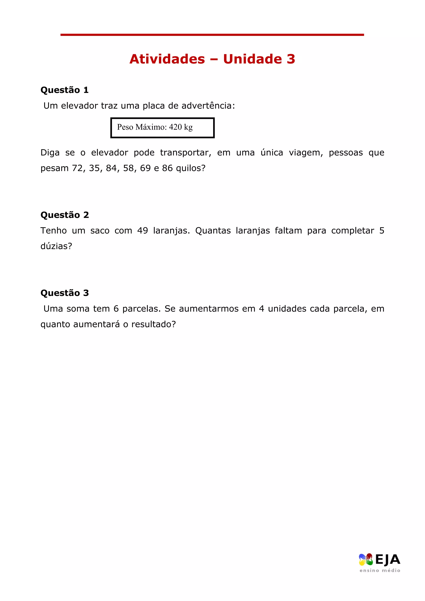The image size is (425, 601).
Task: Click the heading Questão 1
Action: (64, 90)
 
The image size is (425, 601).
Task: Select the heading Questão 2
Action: (65, 215)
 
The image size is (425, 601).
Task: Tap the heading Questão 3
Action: (65, 293)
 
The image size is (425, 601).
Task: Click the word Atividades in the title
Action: (167, 59)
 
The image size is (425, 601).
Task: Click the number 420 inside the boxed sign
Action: (175, 127)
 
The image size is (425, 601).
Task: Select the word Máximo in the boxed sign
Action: (151, 127)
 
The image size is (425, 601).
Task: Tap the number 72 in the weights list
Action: (78, 168)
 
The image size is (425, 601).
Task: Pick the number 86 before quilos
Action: (167, 168)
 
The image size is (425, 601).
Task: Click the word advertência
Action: (208, 106)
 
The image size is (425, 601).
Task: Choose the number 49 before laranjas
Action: (143, 231)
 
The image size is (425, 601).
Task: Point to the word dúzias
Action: (56, 246)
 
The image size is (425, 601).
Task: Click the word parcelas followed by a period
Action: (141, 309)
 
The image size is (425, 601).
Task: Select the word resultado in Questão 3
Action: (153, 324)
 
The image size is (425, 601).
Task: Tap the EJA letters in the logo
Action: (388, 560)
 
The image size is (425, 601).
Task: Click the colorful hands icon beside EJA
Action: (366, 560)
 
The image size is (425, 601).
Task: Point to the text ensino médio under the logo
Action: (380, 570)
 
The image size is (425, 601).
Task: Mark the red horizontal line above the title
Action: (212, 35)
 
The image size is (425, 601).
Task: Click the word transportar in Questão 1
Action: (185, 153)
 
